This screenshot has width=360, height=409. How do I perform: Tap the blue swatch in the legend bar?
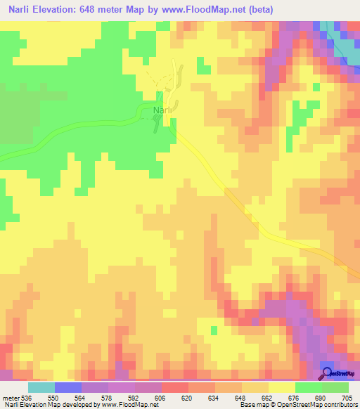tap(67, 387)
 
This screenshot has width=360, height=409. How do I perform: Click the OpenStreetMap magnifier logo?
tap(328, 373)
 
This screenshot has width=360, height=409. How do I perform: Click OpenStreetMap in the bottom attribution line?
tap(302, 405)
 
